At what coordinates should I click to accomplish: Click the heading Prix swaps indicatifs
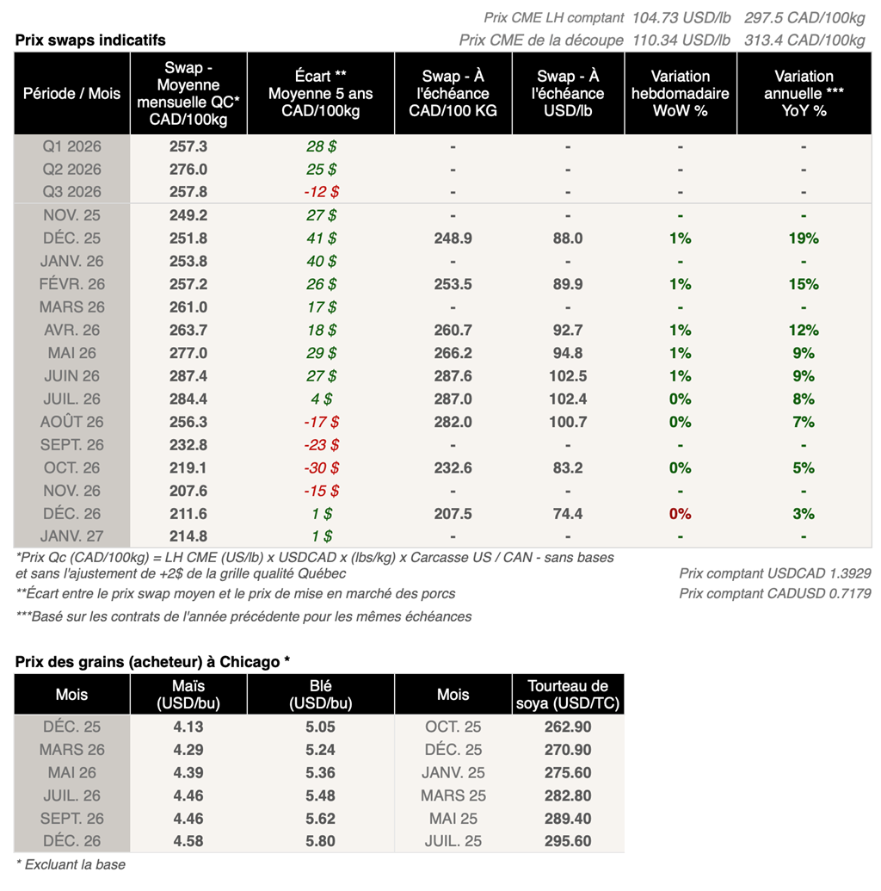pos(90,40)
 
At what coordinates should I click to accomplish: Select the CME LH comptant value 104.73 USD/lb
pos(681,18)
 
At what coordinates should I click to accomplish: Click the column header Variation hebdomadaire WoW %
pos(680,93)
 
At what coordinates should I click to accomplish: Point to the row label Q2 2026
pos(72,170)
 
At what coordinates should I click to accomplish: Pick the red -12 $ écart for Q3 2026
pos(321,192)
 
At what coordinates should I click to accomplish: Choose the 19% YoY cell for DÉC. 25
pos(804,238)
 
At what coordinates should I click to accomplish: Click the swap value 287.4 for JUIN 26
pos(188,376)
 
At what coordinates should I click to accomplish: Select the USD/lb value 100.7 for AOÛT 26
pos(568,422)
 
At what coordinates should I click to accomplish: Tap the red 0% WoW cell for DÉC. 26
pos(680,514)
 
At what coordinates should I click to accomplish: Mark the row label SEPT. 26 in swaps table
pos(72,445)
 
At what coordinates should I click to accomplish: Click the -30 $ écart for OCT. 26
pos(321,468)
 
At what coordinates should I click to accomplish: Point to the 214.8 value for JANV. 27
pos(188,537)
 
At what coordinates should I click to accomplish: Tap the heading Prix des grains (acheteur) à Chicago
pos(152,661)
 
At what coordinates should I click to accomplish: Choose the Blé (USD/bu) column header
pos(320,694)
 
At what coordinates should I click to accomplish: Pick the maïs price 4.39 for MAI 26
pos(188,773)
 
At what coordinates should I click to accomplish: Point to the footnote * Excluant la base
pos(71,864)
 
